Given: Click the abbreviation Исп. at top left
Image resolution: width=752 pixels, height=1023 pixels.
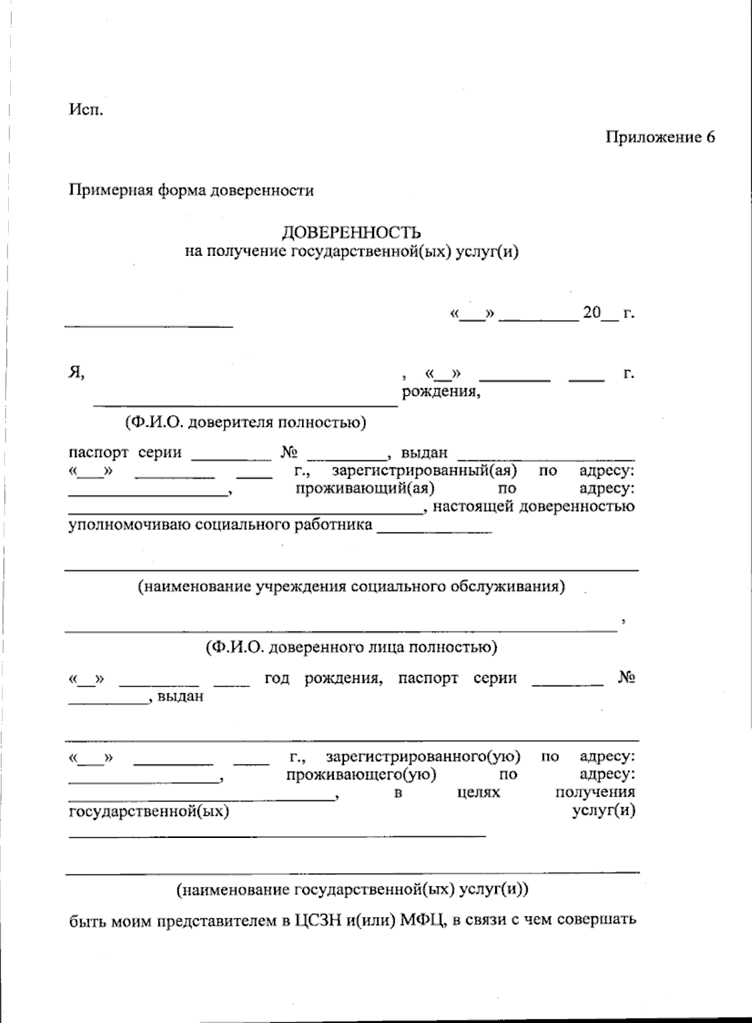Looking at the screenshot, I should [x=86, y=111].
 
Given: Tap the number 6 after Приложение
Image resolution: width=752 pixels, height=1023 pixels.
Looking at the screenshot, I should [x=710, y=137].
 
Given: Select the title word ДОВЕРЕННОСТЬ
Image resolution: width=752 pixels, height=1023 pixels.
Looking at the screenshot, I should [x=351, y=233].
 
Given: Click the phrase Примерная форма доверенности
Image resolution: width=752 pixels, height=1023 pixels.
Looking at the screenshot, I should [x=191, y=190].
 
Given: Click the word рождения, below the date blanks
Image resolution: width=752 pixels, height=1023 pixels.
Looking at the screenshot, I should [x=441, y=393].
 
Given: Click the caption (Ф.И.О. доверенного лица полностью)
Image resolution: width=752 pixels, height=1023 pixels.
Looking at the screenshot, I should [x=351, y=647].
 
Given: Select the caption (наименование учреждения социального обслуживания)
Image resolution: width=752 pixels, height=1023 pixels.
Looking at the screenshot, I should [x=351, y=586].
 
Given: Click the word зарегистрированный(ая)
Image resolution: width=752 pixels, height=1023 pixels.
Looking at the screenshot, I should [x=424, y=470].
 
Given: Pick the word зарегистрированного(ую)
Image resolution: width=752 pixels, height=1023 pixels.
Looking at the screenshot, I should [x=423, y=756].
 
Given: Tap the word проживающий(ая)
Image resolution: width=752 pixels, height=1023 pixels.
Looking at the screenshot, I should [x=365, y=488].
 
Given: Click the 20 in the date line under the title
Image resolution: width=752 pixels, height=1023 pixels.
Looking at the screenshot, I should [x=592, y=312].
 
